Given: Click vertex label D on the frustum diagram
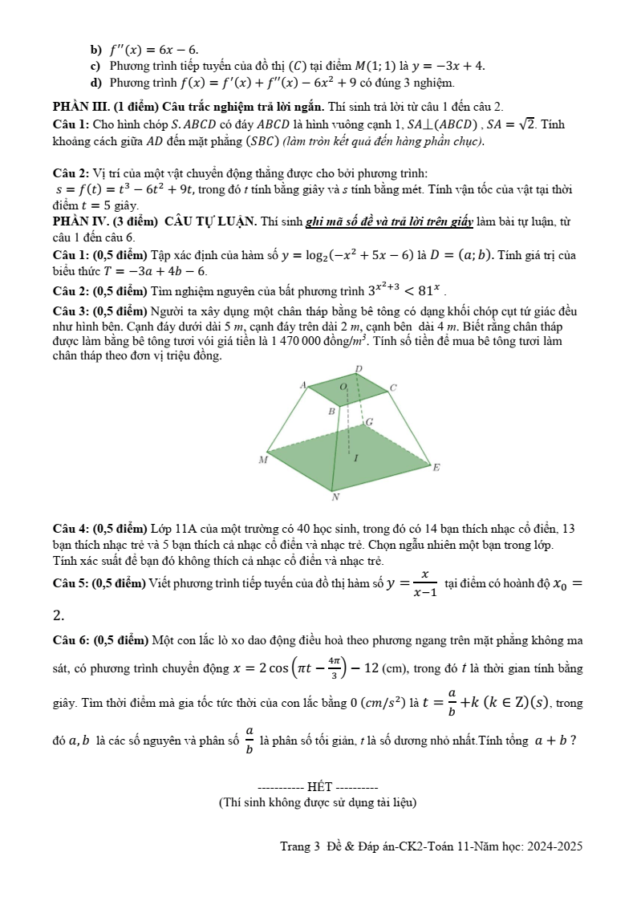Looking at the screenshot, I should point(359,368).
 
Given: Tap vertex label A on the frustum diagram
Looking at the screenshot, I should point(302,385).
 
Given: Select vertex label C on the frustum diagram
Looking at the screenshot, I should point(393,388).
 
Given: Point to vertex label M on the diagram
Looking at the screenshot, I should point(262,461).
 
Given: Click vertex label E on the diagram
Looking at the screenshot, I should point(436,467).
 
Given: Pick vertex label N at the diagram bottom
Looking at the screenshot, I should point(335,497).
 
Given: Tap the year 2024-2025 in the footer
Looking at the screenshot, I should point(554,846).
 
